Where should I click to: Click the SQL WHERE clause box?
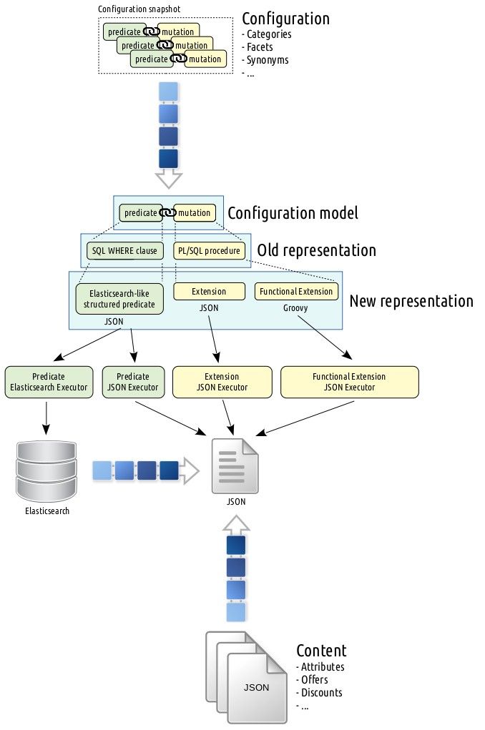click(123, 251)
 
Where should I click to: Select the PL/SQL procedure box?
click(209, 251)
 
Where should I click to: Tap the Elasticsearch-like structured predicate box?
click(119, 299)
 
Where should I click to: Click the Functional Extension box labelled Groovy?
click(296, 292)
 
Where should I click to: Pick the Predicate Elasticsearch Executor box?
click(49, 382)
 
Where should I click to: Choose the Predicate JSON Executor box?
click(133, 382)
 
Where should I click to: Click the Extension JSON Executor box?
click(222, 382)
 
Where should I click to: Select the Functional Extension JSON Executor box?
click(349, 382)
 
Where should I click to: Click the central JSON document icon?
click(235, 466)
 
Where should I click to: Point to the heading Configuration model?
click(292, 213)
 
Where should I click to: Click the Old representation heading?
click(316, 251)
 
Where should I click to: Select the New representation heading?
click(411, 301)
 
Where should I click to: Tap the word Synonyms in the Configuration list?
click(268, 60)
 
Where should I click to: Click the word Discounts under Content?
click(321, 692)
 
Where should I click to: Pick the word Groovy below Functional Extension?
click(296, 309)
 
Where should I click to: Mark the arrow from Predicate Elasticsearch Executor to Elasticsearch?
click(46, 418)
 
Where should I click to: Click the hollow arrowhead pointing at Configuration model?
click(169, 179)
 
